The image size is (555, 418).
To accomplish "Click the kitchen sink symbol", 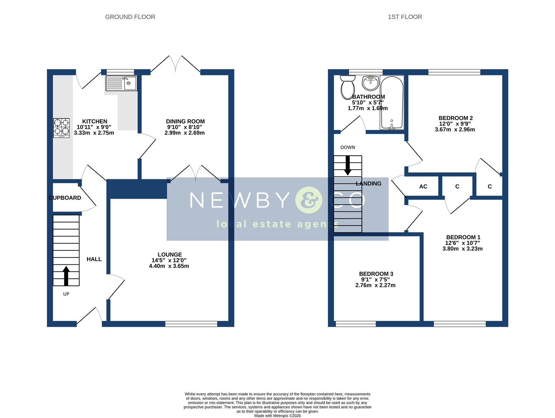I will pyautogui.click(x=122, y=83).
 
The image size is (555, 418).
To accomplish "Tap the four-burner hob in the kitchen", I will pyautogui.click(x=61, y=128).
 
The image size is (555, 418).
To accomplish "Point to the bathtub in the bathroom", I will pyautogui.click(x=392, y=103).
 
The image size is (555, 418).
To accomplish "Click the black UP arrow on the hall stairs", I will pyautogui.click(x=66, y=276).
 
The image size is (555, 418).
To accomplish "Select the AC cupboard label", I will pyautogui.click(x=423, y=187).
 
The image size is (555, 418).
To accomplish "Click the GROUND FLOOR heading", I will pyautogui.click(x=130, y=17).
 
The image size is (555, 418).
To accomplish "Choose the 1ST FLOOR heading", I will pyautogui.click(x=405, y=17).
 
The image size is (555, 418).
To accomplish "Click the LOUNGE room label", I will pyautogui.click(x=170, y=255).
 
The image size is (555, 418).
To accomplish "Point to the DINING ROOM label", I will pyautogui.click(x=185, y=122).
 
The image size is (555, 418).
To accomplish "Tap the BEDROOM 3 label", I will pyautogui.click(x=376, y=274).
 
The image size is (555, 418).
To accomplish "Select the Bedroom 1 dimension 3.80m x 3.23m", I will pyautogui.click(x=462, y=249).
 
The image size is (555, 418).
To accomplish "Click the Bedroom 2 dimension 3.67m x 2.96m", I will pyautogui.click(x=455, y=130).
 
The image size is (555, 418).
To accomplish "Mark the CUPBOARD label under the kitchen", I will pyautogui.click(x=65, y=198).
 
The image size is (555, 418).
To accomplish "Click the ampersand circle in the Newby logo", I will pyautogui.click(x=308, y=200).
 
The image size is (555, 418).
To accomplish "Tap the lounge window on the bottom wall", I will pyautogui.click(x=191, y=324).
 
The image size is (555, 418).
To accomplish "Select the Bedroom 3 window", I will pyautogui.click(x=356, y=324).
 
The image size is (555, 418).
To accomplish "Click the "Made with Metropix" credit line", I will pyautogui.click(x=277, y=416).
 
